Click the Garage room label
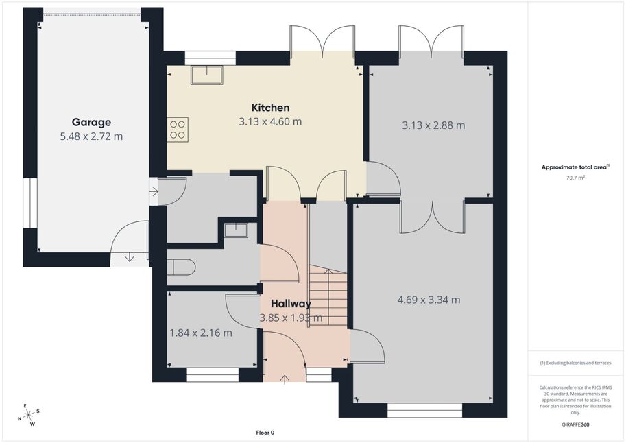91,123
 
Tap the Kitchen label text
270,108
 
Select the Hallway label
291,304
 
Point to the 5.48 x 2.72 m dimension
91,136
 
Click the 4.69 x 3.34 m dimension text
429,300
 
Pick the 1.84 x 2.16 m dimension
201,333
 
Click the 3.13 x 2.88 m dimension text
433,125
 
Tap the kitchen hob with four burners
178,130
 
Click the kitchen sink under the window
207,75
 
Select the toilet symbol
181,267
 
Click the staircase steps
328,296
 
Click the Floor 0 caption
265,433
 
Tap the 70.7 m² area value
575,178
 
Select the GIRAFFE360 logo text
575,424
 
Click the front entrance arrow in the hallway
285,379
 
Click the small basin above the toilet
236,230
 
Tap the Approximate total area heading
575,167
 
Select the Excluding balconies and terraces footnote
575,363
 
